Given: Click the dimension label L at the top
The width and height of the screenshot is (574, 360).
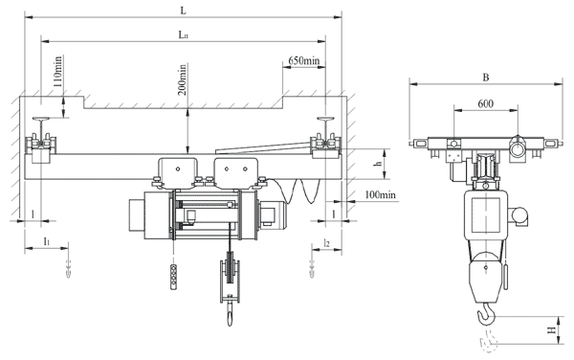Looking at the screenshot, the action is [184, 11].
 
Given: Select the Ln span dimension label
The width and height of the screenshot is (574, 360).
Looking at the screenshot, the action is [184, 34].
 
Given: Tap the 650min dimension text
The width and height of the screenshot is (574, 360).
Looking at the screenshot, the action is [303, 60].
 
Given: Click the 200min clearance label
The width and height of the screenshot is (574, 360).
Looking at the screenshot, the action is [182, 79].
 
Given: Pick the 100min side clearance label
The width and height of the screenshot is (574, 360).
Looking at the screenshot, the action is [381, 194].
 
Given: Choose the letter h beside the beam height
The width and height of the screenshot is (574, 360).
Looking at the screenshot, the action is [380, 164].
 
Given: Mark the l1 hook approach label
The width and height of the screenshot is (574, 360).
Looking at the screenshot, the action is [47, 241].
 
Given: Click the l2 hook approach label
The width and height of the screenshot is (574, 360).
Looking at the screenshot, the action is [326, 242].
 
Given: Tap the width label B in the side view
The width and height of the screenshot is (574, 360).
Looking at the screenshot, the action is [486, 78].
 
